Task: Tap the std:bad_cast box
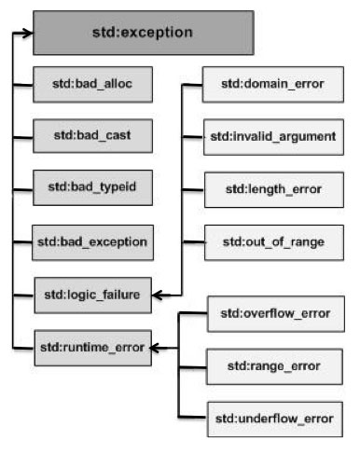click(91, 136)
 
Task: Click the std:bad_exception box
click(91, 241)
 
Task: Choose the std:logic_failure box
click(91, 295)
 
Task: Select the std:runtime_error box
click(91, 348)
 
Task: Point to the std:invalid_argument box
click(272, 137)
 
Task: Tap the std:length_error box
click(272, 189)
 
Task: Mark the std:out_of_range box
click(272, 241)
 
